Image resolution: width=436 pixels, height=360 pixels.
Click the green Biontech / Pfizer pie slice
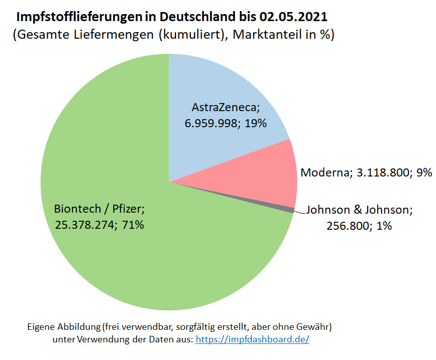pos(126,261)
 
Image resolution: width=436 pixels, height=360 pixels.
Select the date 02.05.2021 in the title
pos(294,17)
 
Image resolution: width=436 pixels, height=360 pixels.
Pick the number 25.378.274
pos(85,225)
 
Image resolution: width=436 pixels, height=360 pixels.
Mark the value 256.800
pos(346,226)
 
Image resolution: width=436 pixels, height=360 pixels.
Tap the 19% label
pos(255,123)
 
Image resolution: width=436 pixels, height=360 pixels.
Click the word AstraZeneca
pos(225,107)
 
